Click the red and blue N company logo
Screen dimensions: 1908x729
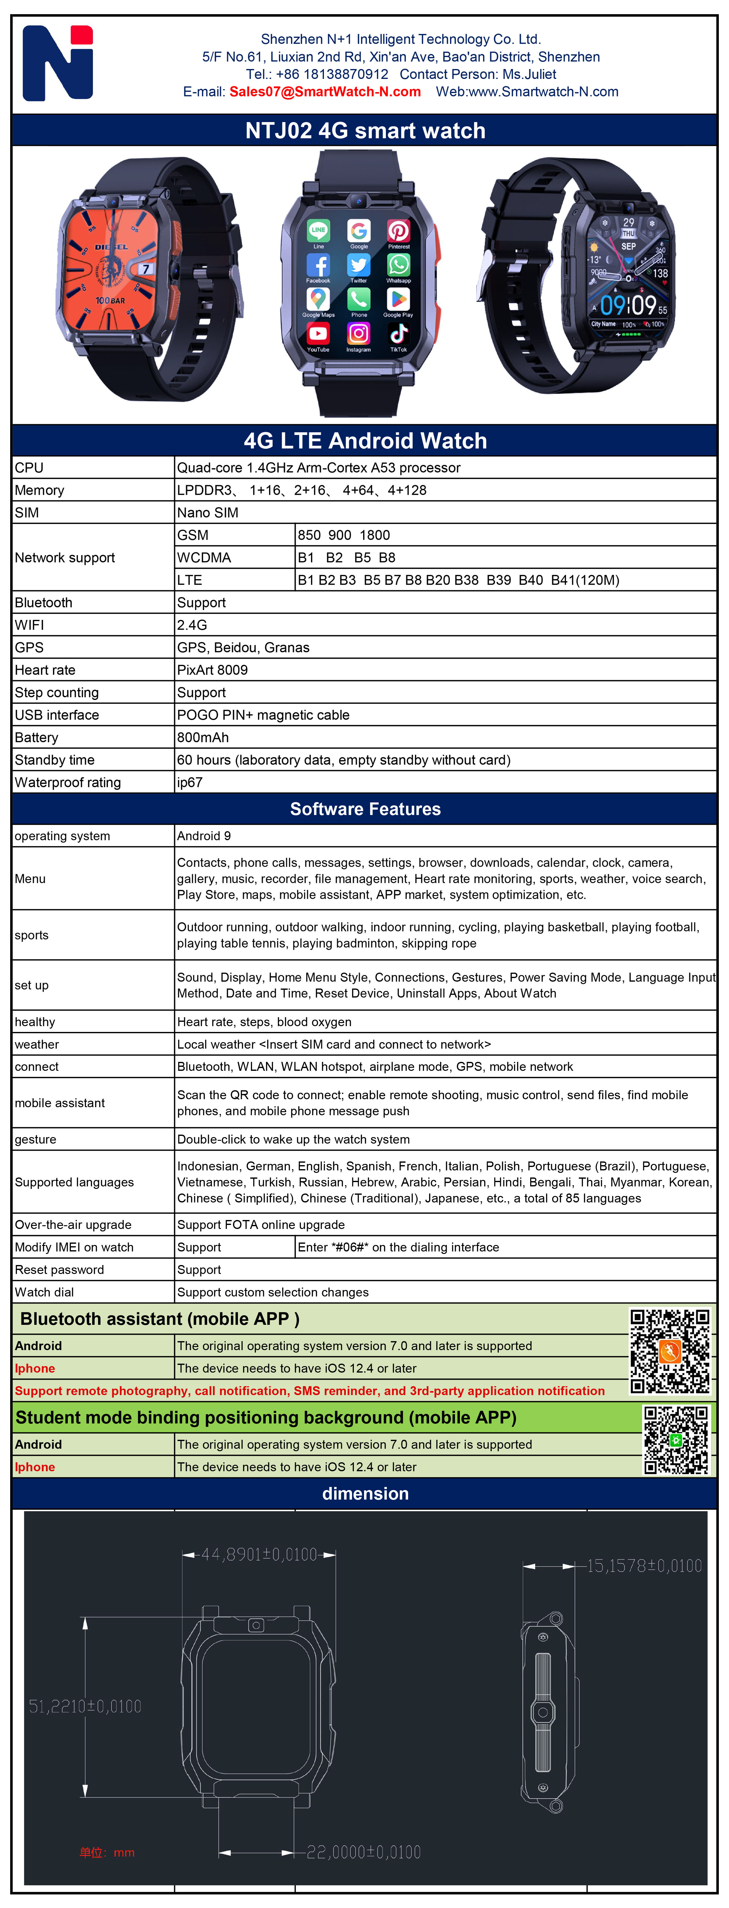coord(58,64)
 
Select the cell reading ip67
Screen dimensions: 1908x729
coord(190,782)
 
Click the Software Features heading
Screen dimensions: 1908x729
coord(365,809)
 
